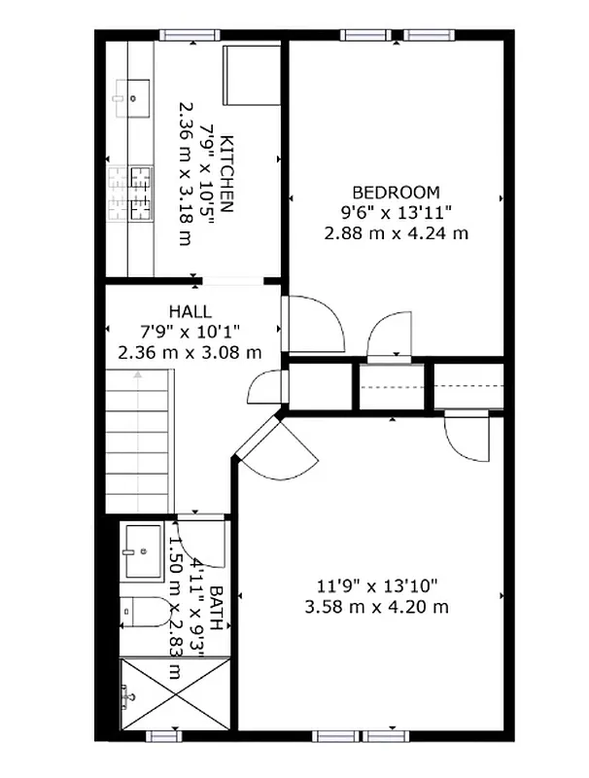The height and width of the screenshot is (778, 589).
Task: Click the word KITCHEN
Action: click(226, 174)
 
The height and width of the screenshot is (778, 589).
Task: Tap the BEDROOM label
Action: click(396, 193)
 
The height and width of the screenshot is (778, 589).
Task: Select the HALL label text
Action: click(190, 311)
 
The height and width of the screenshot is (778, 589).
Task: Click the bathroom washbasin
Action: click(142, 549)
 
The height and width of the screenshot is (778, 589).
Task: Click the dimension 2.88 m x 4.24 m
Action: click(396, 232)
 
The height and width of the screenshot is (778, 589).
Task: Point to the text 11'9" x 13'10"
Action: click(378, 585)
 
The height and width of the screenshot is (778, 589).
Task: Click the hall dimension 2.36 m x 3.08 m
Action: click(190, 352)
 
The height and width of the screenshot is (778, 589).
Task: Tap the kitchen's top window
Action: click(191, 36)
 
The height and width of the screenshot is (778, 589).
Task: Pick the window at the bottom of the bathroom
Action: click(164, 736)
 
